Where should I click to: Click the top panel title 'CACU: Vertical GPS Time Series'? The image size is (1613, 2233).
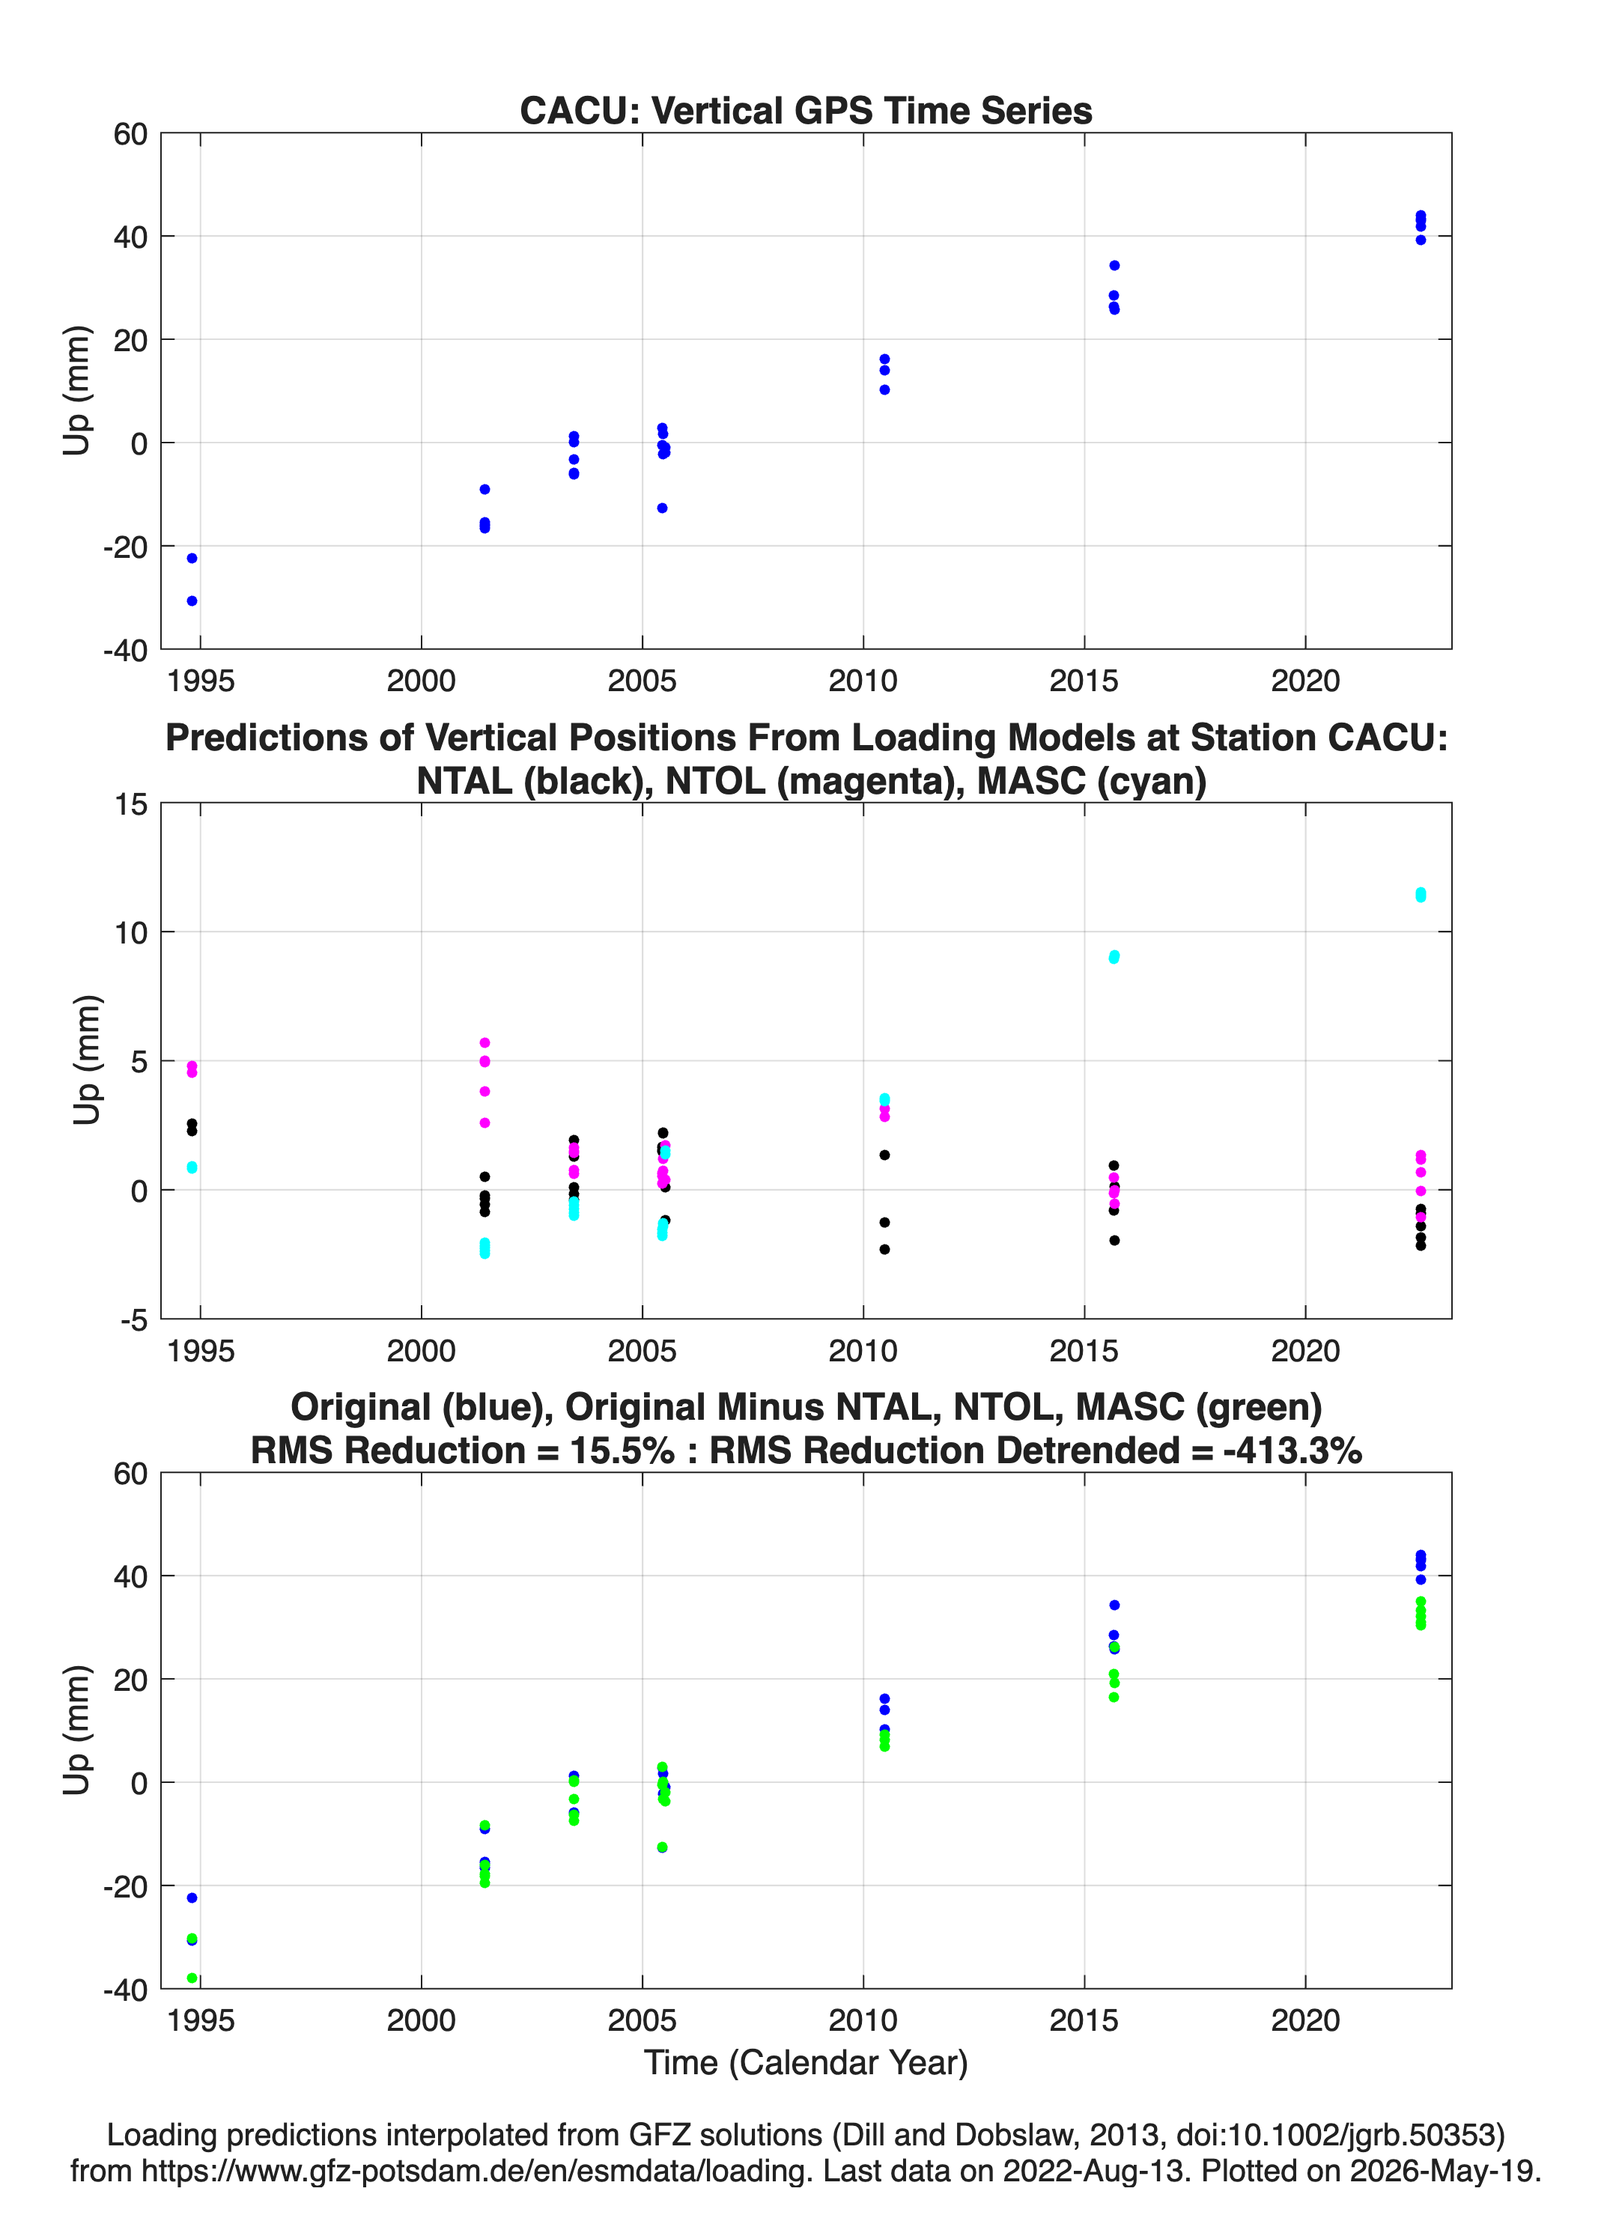point(806,110)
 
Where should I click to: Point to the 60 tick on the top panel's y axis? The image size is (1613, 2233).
point(130,134)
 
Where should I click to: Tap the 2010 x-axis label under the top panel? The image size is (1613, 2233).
point(863,681)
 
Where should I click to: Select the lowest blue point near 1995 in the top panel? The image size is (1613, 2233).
point(192,601)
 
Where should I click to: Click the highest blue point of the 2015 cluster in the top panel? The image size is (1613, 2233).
point(1114,266)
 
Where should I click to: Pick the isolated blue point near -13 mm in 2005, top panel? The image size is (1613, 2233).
point(663,508)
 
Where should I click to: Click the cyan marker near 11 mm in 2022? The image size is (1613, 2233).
point(1420,895)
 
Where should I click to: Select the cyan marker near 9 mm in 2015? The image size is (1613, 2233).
point(1114,957)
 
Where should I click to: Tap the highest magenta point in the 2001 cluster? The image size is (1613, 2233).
point(484,1042)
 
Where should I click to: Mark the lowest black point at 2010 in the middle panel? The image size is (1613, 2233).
point(884,1249)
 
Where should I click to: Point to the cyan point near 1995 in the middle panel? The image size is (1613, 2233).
point(192,1167)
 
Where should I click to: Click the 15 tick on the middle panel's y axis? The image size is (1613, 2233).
point(131,804)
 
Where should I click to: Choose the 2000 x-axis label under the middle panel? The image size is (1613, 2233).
point(421,1350)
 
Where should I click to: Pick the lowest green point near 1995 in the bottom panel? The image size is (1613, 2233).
point(192,1978)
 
